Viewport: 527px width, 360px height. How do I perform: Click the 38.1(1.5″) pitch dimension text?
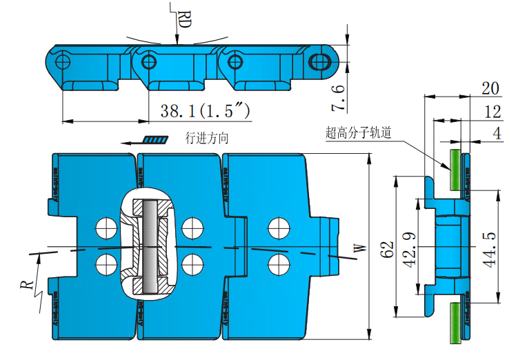click(204, 110)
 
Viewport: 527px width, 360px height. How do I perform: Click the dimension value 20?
click(490, 88)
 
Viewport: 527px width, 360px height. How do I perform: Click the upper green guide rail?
click(456, 168)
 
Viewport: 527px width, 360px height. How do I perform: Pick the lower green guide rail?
click(456, 323)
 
